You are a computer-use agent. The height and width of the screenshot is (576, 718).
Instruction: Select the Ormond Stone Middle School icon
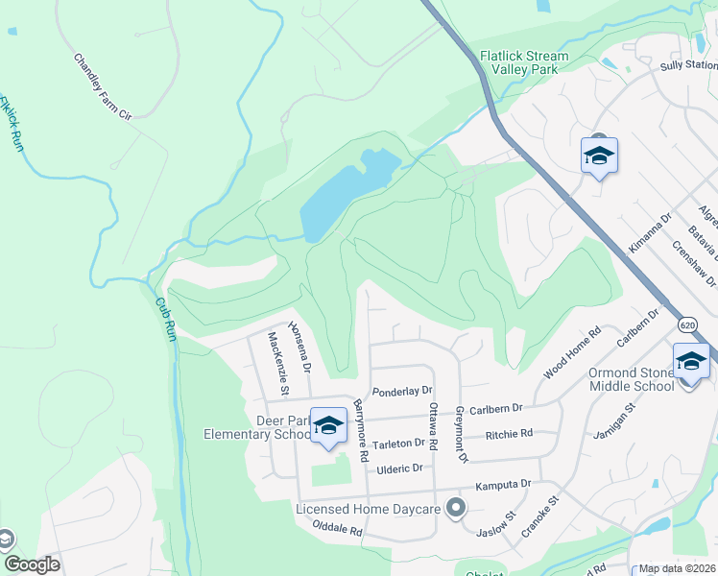pos(691,363)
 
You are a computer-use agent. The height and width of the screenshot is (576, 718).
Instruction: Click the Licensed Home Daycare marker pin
pos(456,507)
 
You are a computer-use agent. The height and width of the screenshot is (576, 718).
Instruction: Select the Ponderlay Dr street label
pos(403,391)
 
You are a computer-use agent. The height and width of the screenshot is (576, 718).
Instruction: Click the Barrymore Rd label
pos(360,431)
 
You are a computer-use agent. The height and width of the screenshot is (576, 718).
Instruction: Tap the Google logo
pos(32,564)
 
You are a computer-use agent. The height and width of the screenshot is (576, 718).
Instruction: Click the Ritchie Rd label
pos(509,434)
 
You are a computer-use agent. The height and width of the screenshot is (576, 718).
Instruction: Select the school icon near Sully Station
pos(599,156)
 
